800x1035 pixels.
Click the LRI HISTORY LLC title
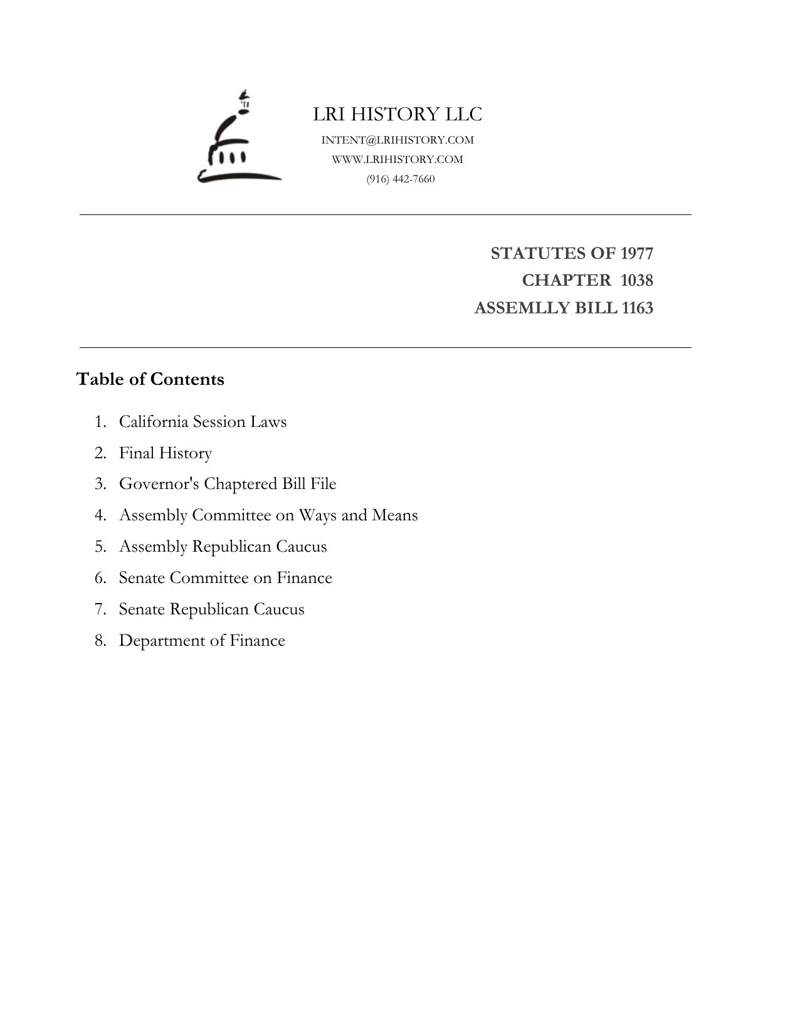397,114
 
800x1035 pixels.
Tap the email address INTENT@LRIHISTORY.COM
397,140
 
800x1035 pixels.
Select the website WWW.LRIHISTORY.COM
397,159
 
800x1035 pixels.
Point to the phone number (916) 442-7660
401,179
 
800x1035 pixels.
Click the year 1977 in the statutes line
636,253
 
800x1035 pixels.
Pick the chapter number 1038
636,280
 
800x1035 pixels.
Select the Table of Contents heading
150,379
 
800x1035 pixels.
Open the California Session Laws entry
203,421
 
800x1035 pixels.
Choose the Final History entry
166,453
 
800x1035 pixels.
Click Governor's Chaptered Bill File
228,484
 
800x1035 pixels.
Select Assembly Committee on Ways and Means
268,515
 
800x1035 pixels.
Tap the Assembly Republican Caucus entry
223,547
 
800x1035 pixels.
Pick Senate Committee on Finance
225,578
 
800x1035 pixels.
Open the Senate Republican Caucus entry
211,609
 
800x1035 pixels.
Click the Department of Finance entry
202,641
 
